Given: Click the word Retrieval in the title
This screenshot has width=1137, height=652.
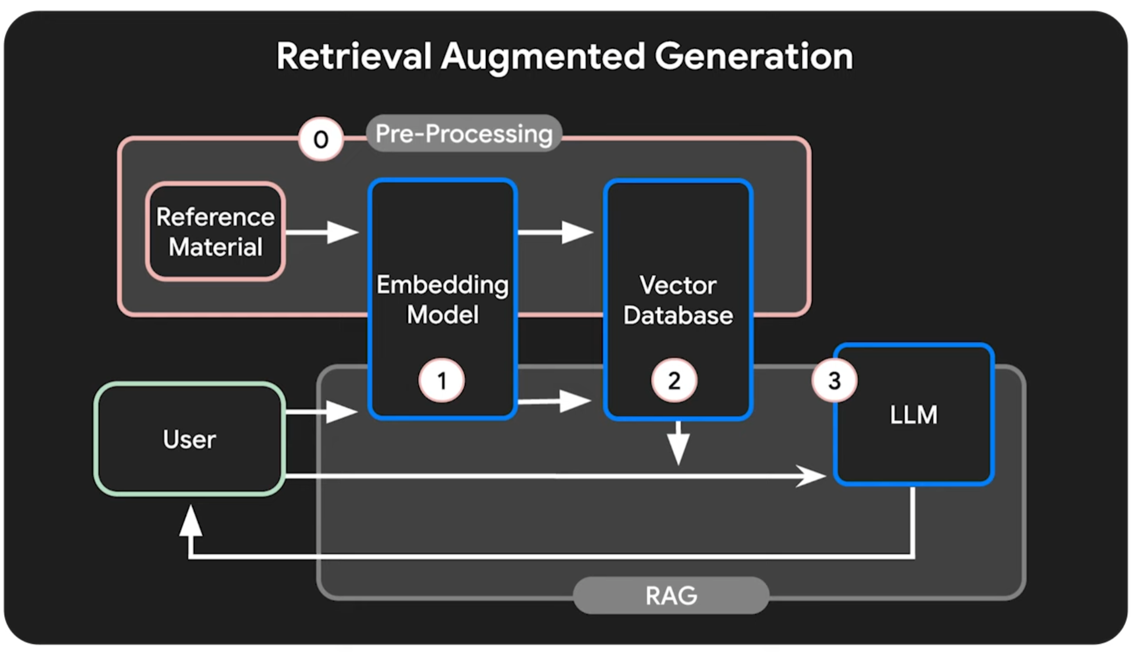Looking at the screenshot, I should (353, 57).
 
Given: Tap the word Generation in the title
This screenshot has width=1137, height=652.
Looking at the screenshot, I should (753, 57).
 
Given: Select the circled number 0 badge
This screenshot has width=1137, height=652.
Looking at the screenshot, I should (320, 139).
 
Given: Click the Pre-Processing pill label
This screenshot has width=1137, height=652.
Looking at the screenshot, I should (464, 134).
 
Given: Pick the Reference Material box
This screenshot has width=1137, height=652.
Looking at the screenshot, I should (215, 232).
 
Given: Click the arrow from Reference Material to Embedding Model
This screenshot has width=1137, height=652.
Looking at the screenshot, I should (323, 232).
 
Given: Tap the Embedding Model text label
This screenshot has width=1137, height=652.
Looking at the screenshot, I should (442, 300).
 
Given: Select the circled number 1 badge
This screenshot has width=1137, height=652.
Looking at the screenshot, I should (441, 381).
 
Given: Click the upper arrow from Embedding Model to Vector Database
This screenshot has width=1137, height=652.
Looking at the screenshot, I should (556, 232).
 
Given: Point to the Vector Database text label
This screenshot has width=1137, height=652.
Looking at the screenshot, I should (678, 301).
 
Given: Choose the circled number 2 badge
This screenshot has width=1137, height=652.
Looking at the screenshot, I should (674, 381).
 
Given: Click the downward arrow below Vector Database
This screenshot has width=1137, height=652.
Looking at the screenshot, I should (678, 444).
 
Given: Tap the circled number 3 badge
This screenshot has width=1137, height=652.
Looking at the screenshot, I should (834, 381).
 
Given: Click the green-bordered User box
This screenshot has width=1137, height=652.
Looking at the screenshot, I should (190, 439).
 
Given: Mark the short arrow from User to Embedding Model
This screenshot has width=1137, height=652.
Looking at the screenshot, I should (323, 412).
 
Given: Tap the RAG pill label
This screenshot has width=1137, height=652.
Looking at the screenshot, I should (671, 595).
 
